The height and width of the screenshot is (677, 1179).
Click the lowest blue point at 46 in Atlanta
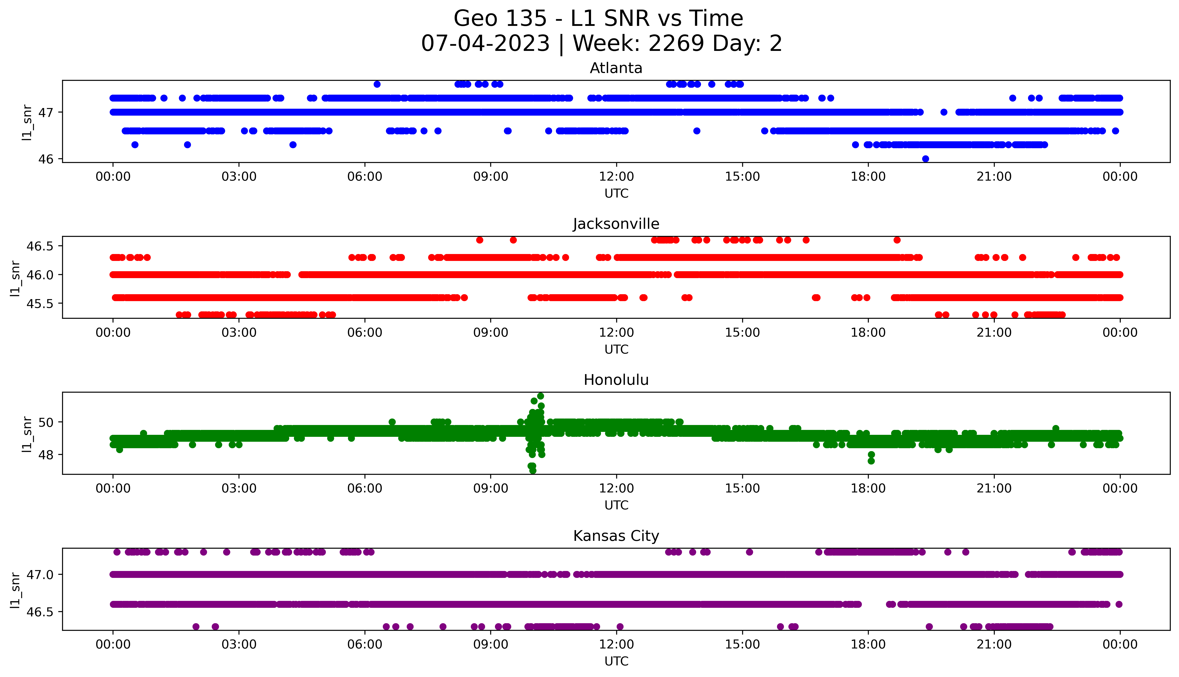(926, 159)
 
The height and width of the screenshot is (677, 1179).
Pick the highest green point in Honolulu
(540, 396)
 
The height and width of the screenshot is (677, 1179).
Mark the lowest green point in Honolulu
(533, 471)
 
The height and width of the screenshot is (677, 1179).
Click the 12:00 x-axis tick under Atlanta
(616, 177)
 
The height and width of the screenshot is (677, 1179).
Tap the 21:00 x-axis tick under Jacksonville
(994, 333)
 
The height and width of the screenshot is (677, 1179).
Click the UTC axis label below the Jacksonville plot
(616, 350)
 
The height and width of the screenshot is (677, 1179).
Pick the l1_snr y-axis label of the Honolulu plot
(27, 434)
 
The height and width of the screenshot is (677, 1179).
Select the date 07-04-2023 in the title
(486, 44)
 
